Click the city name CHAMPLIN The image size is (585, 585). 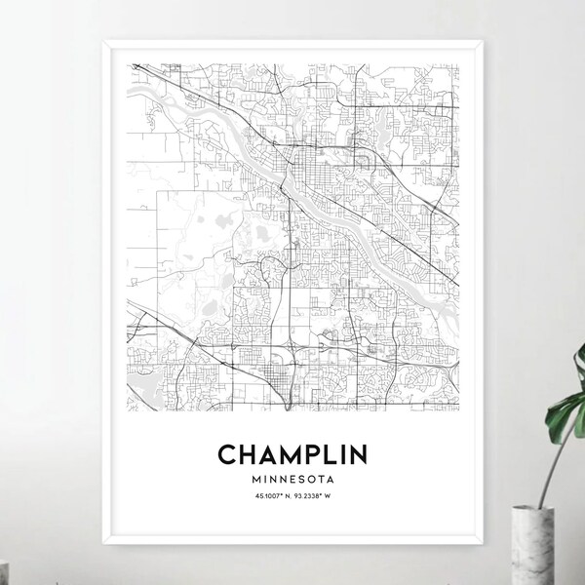click(x=292, y=456)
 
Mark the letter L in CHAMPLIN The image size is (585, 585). click(x=334, y=456)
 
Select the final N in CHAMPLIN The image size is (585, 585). click(x=365, y=456)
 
